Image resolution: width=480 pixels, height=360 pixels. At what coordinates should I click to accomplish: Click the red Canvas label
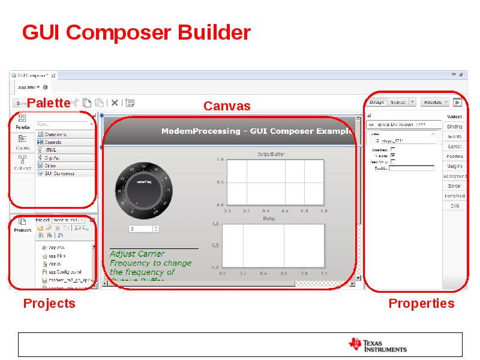point(227,106)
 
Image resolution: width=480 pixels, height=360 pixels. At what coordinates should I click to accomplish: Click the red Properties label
point(421,303)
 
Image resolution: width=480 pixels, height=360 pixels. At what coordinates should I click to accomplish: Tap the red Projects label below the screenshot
point(49,303)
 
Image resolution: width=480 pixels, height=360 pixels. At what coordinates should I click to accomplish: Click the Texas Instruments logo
point(377,344)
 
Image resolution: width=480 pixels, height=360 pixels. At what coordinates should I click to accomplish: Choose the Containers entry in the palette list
point(55,134)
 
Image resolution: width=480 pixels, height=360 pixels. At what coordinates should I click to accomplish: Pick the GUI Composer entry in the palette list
point(59,173)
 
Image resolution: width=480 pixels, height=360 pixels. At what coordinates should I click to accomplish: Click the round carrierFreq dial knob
point(143,188)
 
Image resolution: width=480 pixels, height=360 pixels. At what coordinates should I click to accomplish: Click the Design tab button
point(377,102)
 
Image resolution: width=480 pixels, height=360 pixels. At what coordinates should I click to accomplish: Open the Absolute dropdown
point(435,102)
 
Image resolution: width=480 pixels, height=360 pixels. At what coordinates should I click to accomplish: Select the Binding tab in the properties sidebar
point(454,127)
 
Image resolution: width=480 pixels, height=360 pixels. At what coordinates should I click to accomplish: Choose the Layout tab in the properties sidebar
point(454,146)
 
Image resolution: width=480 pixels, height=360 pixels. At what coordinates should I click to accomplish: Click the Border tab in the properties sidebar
point(454,186)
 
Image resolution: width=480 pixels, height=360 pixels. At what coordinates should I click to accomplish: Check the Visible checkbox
point(393,155)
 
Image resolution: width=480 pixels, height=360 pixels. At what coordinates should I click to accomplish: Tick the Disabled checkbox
point(393,149)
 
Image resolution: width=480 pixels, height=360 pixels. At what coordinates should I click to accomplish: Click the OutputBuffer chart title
point(271,154)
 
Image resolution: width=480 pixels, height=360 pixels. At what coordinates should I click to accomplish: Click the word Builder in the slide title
point(214,32)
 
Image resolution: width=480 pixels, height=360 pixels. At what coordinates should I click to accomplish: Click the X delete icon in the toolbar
point(115,103)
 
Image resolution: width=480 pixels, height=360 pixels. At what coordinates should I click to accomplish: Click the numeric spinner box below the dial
point(144,229)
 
